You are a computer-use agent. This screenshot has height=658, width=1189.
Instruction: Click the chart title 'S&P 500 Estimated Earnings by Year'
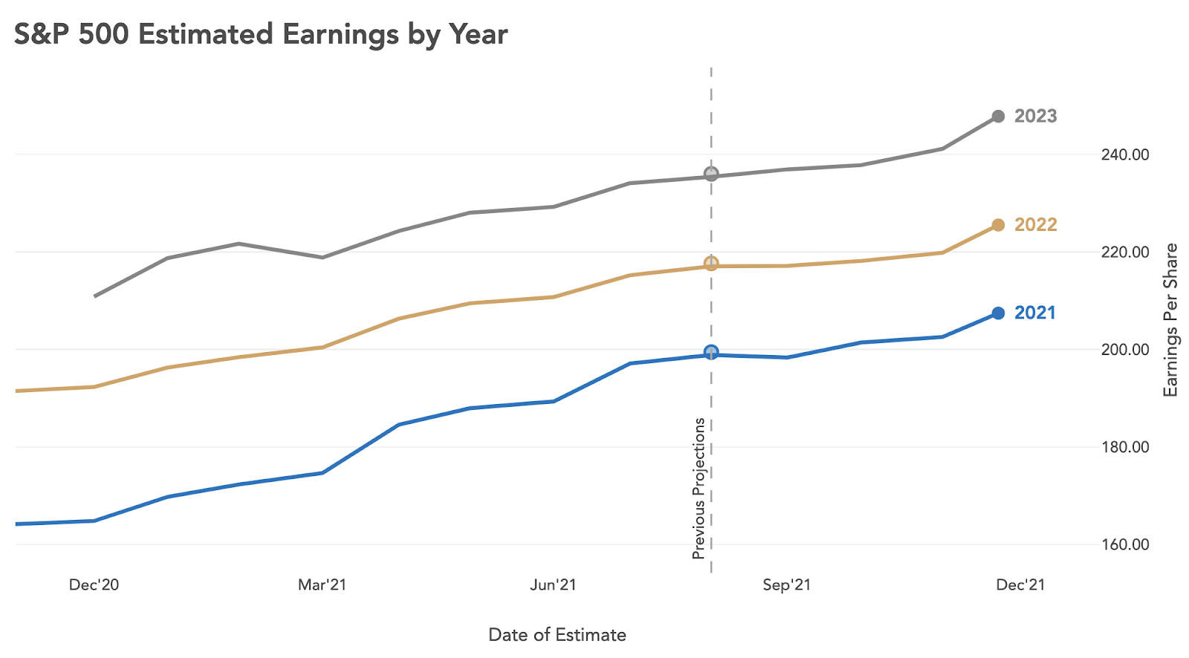[261, 34]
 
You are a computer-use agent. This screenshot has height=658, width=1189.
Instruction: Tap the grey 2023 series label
[1035, 116]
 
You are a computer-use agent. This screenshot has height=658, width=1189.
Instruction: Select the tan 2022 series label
[1035, 224]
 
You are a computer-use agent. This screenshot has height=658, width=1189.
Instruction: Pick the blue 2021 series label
[1034, 313]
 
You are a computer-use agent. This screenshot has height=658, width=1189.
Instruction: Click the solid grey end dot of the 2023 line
[998, 117]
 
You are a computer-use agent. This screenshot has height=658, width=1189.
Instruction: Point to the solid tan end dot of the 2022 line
[998, 225]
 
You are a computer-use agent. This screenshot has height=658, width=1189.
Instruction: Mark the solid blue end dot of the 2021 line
[998, 313]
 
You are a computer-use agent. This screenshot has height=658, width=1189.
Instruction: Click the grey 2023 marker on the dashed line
[711, 175]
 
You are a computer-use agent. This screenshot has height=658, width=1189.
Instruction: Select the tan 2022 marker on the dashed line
[711, 264]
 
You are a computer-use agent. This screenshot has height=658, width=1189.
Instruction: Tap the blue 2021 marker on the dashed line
[711, 352]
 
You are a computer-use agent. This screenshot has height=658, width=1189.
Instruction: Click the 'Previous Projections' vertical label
[699, 488]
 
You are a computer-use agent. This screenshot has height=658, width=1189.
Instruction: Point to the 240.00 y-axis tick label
[1124, 154]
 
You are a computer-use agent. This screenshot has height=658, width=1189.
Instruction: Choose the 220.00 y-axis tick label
[1124, 253]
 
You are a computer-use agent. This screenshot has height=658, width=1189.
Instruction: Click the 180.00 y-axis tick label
[1124, 447]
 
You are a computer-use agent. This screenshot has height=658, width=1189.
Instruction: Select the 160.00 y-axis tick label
[1124, 544]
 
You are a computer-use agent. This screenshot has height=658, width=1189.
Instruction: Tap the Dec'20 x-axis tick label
[94, 585]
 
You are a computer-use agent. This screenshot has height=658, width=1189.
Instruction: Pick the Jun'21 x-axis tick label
[553, 585]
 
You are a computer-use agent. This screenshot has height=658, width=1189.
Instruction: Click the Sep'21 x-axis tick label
[786, 585]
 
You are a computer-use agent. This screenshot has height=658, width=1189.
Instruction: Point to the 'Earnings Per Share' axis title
[1171, 320]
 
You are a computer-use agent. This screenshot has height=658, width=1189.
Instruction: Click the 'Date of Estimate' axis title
[557, 635]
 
